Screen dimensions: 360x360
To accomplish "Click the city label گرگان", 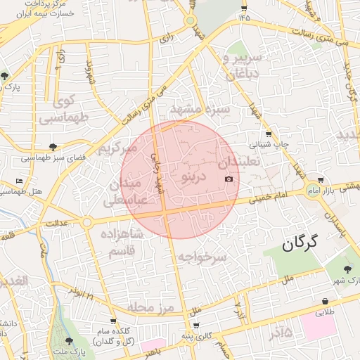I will [300, 244].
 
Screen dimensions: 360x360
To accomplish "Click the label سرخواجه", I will [202, 257].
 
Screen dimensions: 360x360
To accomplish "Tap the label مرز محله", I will [155, 308].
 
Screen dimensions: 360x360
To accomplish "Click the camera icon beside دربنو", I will [229, 179].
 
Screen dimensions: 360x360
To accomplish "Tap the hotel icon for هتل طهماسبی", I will [20, 181].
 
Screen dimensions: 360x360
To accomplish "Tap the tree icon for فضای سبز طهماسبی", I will [53, 147].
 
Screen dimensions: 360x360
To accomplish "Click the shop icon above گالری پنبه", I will [195, 326].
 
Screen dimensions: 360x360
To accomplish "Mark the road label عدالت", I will [56, 224].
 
